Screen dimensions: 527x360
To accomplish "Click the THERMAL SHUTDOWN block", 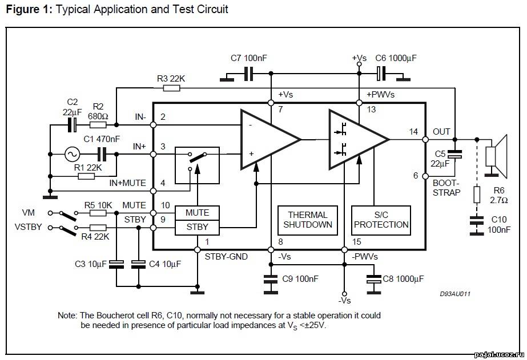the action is tap(308, 220).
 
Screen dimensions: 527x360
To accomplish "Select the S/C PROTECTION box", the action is tap(381, 220).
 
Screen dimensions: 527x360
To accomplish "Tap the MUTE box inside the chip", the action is tap(198, 213).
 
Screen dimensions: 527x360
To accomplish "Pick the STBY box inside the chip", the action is tap(198, 227).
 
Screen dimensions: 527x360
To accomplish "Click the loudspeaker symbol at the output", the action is tap(496, 156).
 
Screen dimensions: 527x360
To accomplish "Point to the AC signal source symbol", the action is tap(72, 154).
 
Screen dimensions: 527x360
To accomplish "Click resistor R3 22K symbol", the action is tap(171, 88).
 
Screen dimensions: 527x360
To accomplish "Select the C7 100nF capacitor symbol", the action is tap(248, 74).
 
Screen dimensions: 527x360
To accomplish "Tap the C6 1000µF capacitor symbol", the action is tap(381, 74).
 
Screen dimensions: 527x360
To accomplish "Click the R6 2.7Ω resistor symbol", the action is tap(477, 195).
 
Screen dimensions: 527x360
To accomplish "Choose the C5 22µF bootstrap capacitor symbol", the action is tap(454, 154).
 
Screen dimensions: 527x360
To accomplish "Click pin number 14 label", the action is tap(413, 132).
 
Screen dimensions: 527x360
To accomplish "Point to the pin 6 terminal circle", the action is tap(425, 176).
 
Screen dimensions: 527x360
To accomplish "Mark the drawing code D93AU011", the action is tap(455, 294).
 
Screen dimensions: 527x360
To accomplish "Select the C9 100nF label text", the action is tap(300, 279).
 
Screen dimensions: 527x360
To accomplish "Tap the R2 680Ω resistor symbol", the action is tap(98, 125).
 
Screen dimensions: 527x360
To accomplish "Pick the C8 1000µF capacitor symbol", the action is tap(374, 279).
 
